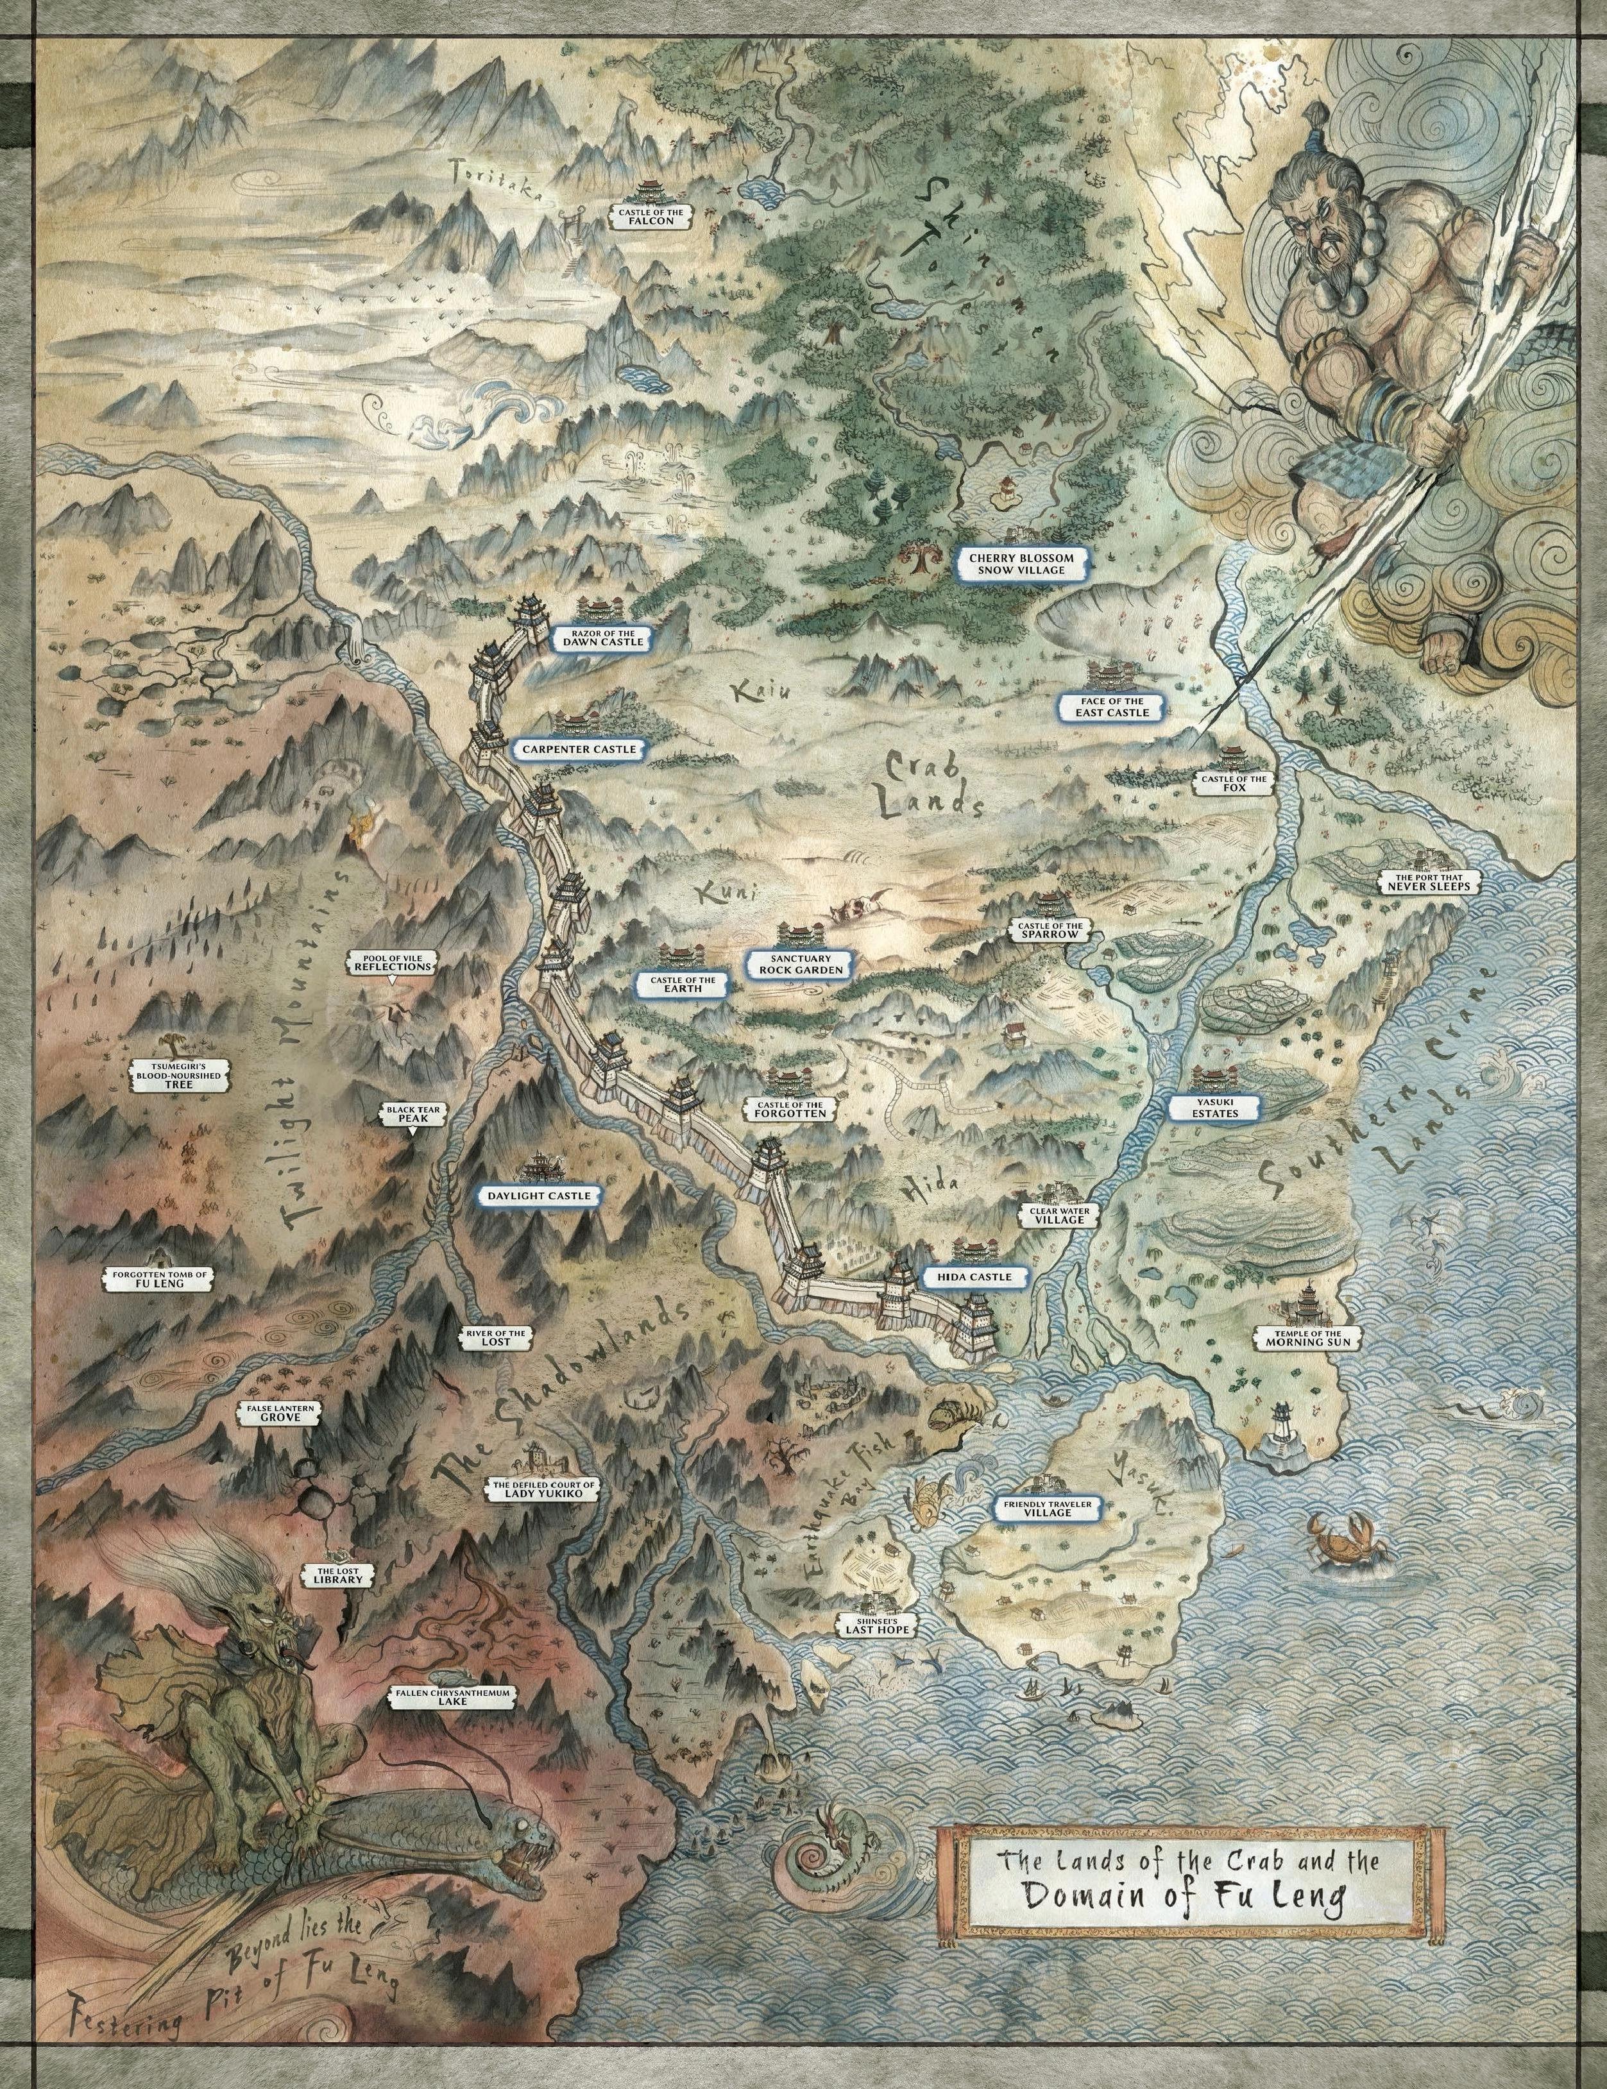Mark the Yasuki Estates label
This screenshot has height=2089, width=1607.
point(1215,1108)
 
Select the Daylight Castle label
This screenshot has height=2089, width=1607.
point(540,1195)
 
